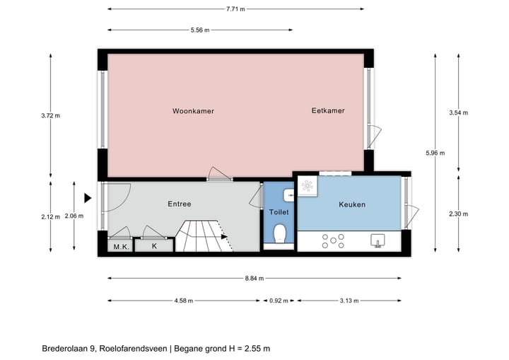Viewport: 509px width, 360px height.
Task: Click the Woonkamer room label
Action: [x=193, y=111]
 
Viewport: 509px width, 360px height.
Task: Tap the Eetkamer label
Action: [x=328, y=111]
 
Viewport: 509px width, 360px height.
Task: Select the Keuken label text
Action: [x=352, y=204]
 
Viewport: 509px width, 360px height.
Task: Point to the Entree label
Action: [x=180, y=204]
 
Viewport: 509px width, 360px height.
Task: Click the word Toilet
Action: [x=279, y=212]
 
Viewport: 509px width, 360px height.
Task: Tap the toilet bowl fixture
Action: [x=279, y=233]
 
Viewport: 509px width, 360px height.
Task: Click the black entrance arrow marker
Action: [x=88, y=198]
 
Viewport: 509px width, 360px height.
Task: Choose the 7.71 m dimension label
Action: [x=235, y=9]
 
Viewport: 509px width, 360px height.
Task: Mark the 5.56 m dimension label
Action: [x=200, y=30]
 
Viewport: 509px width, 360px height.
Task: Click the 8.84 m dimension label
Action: [x=255, y=278]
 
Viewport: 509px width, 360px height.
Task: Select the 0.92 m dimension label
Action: [x=279, y=301]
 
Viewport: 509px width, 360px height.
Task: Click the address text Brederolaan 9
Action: [x=68, y=348]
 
